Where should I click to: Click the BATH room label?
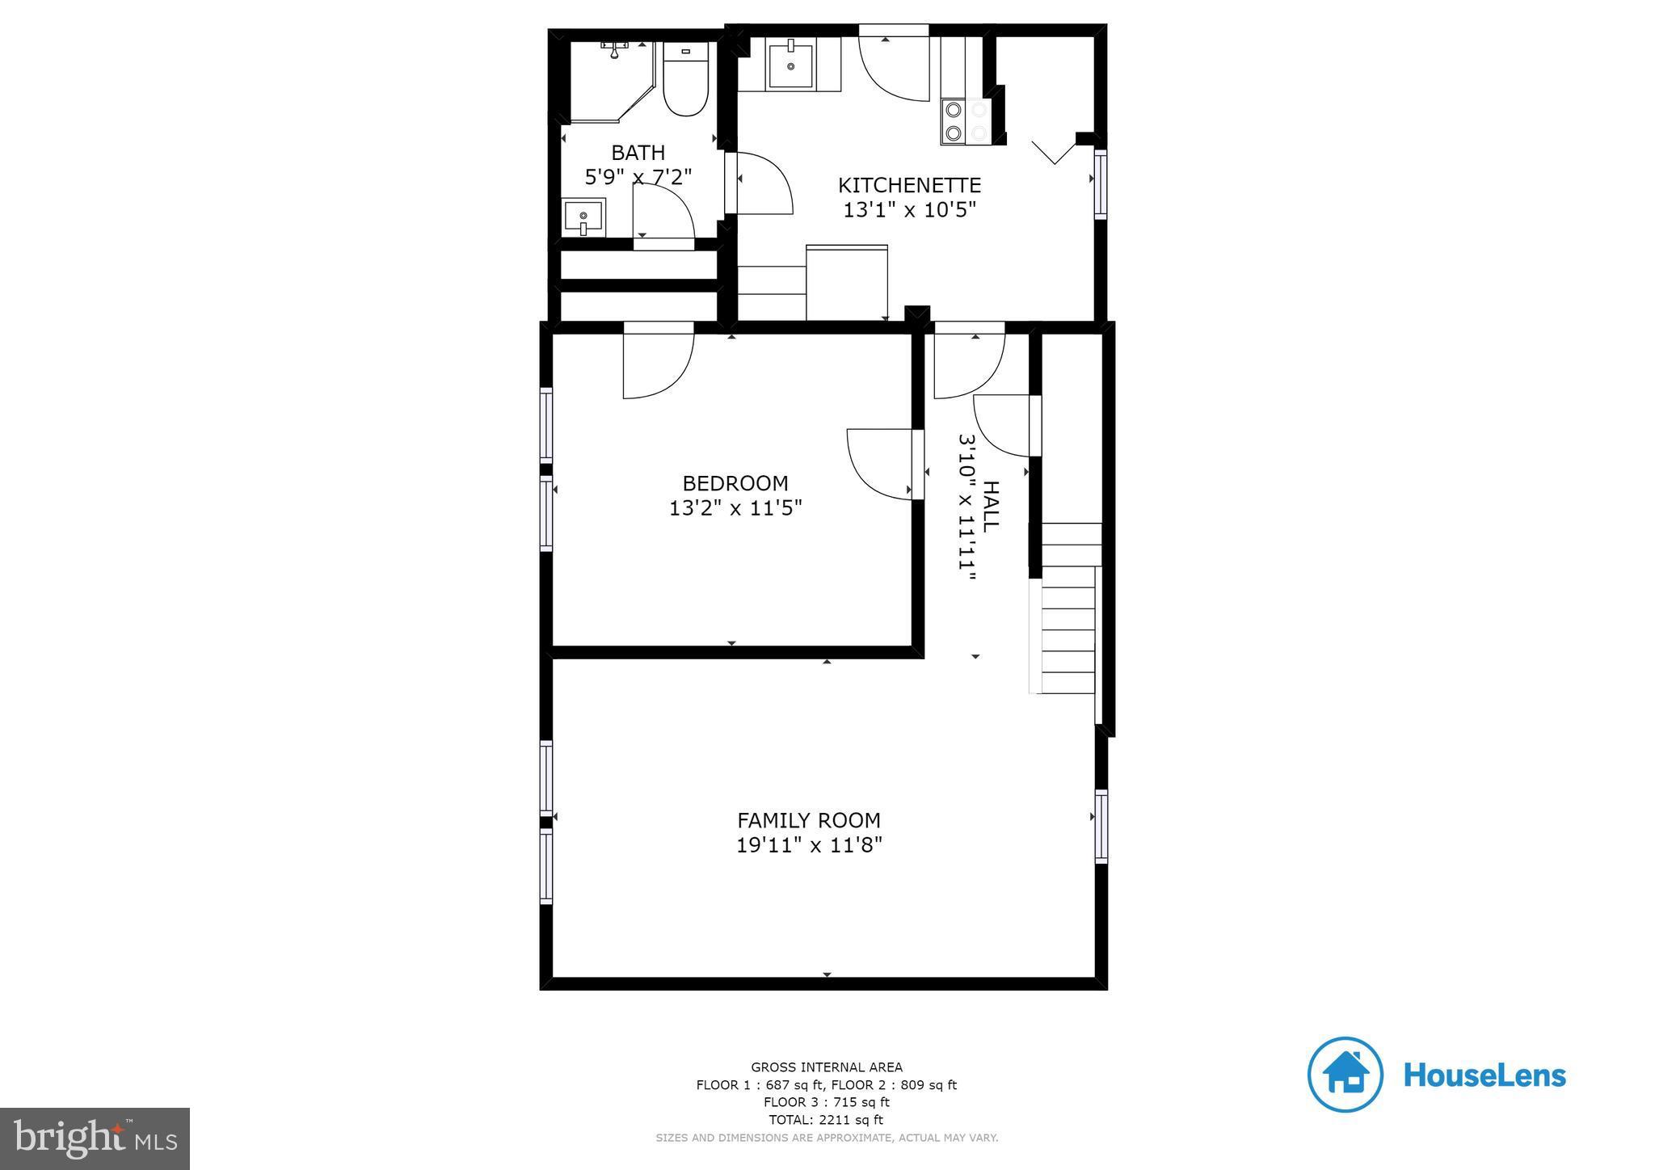click(x=638, y=153)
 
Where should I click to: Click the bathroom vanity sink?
click(x=583, y=218)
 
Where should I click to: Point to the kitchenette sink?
click(x=790, y=65)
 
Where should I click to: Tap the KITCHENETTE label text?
click(x=909, y=185)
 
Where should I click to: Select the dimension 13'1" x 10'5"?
click(x=909, y=210)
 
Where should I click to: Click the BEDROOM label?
click(x=735, y=483)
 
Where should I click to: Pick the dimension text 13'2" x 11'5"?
click(x=735, y=508)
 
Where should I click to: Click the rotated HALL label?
click(x=990, y=507)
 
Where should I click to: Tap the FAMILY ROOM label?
click(x=808, y=820)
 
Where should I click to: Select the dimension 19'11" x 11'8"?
click(x=808, y=845)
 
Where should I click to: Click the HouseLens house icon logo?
click(x=1345, y=1075)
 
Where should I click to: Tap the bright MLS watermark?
click(x=95, y=1138)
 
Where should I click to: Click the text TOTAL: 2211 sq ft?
click(x=826, y=1120)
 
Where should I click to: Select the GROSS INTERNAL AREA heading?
click(x=826, y=1067)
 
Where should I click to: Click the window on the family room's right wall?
click(x=1101, y=826)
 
